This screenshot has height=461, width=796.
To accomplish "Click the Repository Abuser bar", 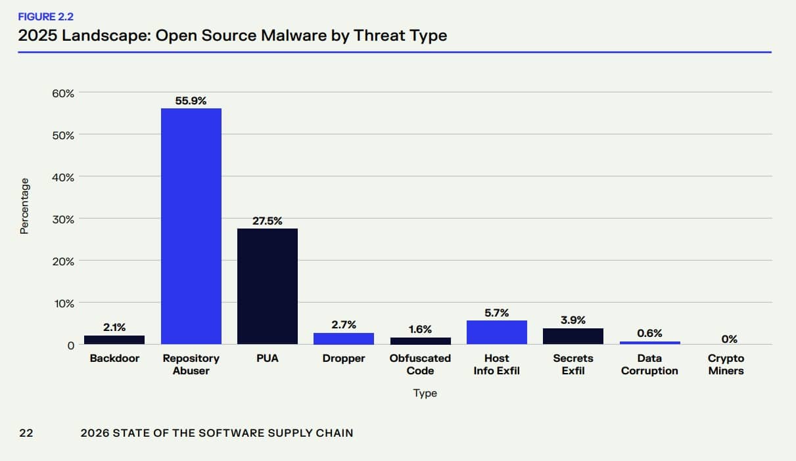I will click(191, 226).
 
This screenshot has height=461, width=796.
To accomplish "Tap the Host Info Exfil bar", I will click(496, 332).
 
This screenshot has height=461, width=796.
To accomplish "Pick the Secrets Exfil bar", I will click(573, 336).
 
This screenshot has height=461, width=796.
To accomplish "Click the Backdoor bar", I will click(114, 340).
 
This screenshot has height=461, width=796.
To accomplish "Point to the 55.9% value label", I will click(191, 100).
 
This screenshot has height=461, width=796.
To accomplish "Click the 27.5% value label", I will click(268, 221).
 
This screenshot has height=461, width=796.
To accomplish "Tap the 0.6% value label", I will click(649, 333).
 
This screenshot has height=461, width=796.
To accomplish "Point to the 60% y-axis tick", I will click(63, 93).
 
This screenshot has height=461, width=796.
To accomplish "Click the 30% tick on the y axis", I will click(63, 219).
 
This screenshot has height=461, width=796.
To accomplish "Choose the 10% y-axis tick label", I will click(63, 303).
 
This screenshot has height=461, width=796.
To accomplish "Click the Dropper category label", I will click(344, 359).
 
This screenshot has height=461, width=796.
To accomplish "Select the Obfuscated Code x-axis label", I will click(420, 364).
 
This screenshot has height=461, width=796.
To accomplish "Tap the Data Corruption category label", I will click(649, 364).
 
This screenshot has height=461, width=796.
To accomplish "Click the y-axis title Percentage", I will click(24, 206).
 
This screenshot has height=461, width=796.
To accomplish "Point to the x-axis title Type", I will click(425, 393).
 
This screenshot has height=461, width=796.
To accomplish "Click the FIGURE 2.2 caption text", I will click(46, 17).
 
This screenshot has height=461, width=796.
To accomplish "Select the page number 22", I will click(26, 433).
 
